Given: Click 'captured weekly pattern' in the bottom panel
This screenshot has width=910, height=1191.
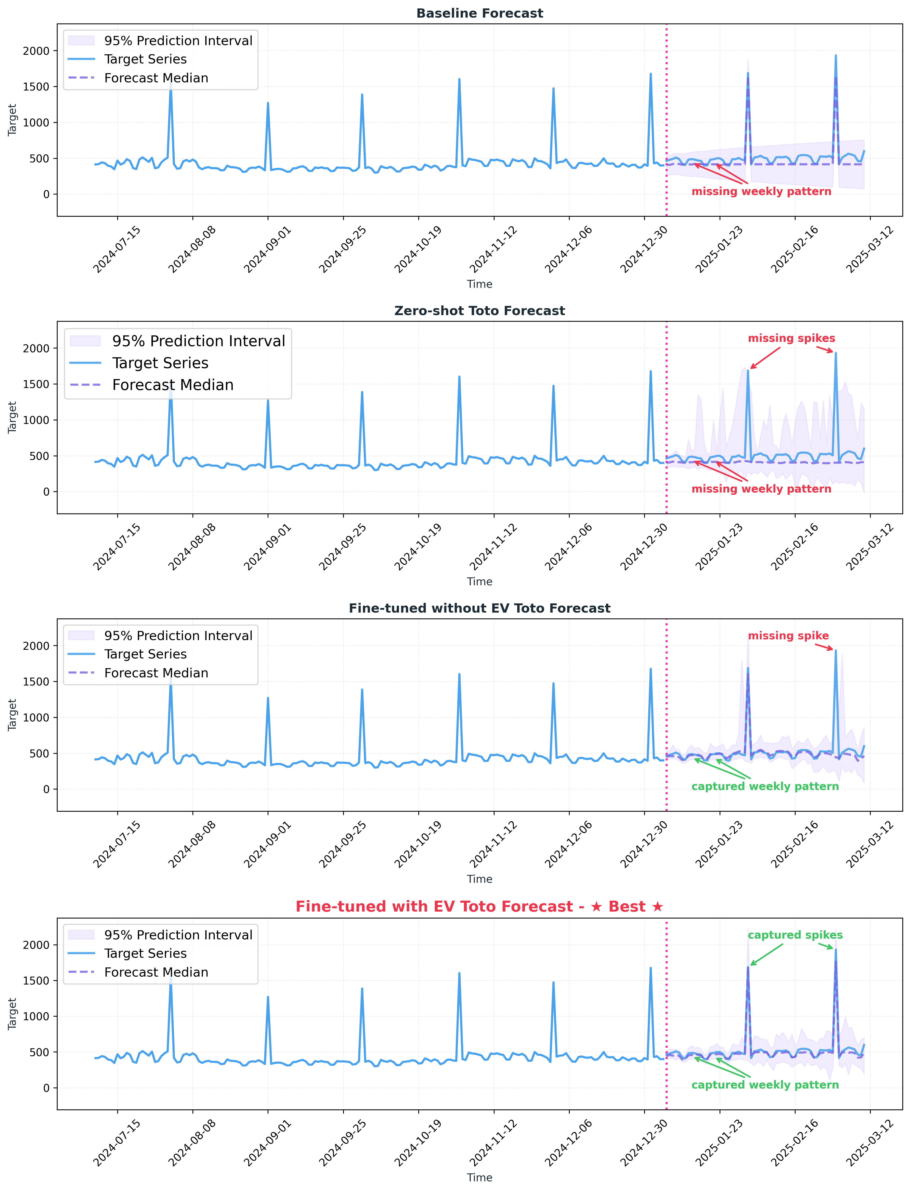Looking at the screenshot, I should [x=765, y=1085].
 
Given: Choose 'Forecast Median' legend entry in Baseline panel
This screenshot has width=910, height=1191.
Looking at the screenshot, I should [x=156, y=78].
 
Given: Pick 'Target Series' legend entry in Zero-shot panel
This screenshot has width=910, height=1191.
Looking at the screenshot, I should [x=160, y=363].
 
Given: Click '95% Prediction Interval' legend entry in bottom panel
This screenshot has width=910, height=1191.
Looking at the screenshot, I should [x=178, y=935].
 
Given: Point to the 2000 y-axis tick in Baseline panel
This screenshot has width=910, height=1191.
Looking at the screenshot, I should [x=36, y=51].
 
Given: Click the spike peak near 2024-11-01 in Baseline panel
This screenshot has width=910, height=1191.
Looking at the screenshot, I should [x=459, y=79].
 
